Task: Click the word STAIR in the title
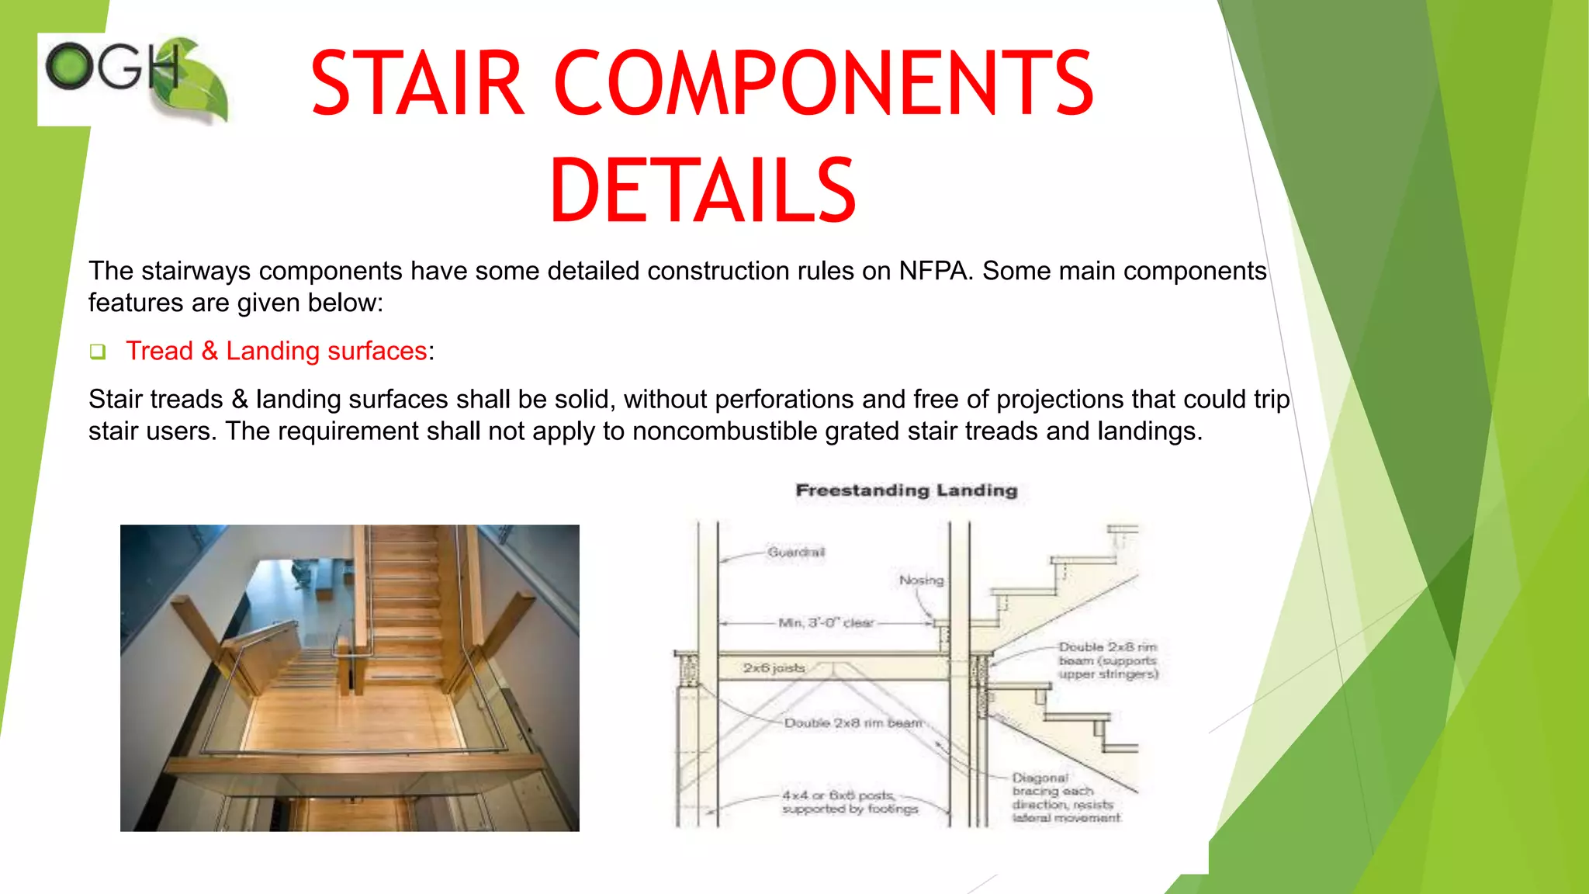417,84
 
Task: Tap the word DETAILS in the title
702,191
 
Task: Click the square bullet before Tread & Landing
97,352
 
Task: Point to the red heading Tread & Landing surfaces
276,351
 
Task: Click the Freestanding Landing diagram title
906,490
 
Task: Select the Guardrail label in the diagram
796,552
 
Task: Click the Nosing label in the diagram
921,580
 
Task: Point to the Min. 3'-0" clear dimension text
826,622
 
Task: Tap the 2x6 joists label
774,667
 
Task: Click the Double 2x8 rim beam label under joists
852,722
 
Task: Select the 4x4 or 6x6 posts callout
849,802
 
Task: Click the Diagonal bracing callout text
1065,797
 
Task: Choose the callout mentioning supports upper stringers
1107,660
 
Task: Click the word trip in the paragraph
1271,399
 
